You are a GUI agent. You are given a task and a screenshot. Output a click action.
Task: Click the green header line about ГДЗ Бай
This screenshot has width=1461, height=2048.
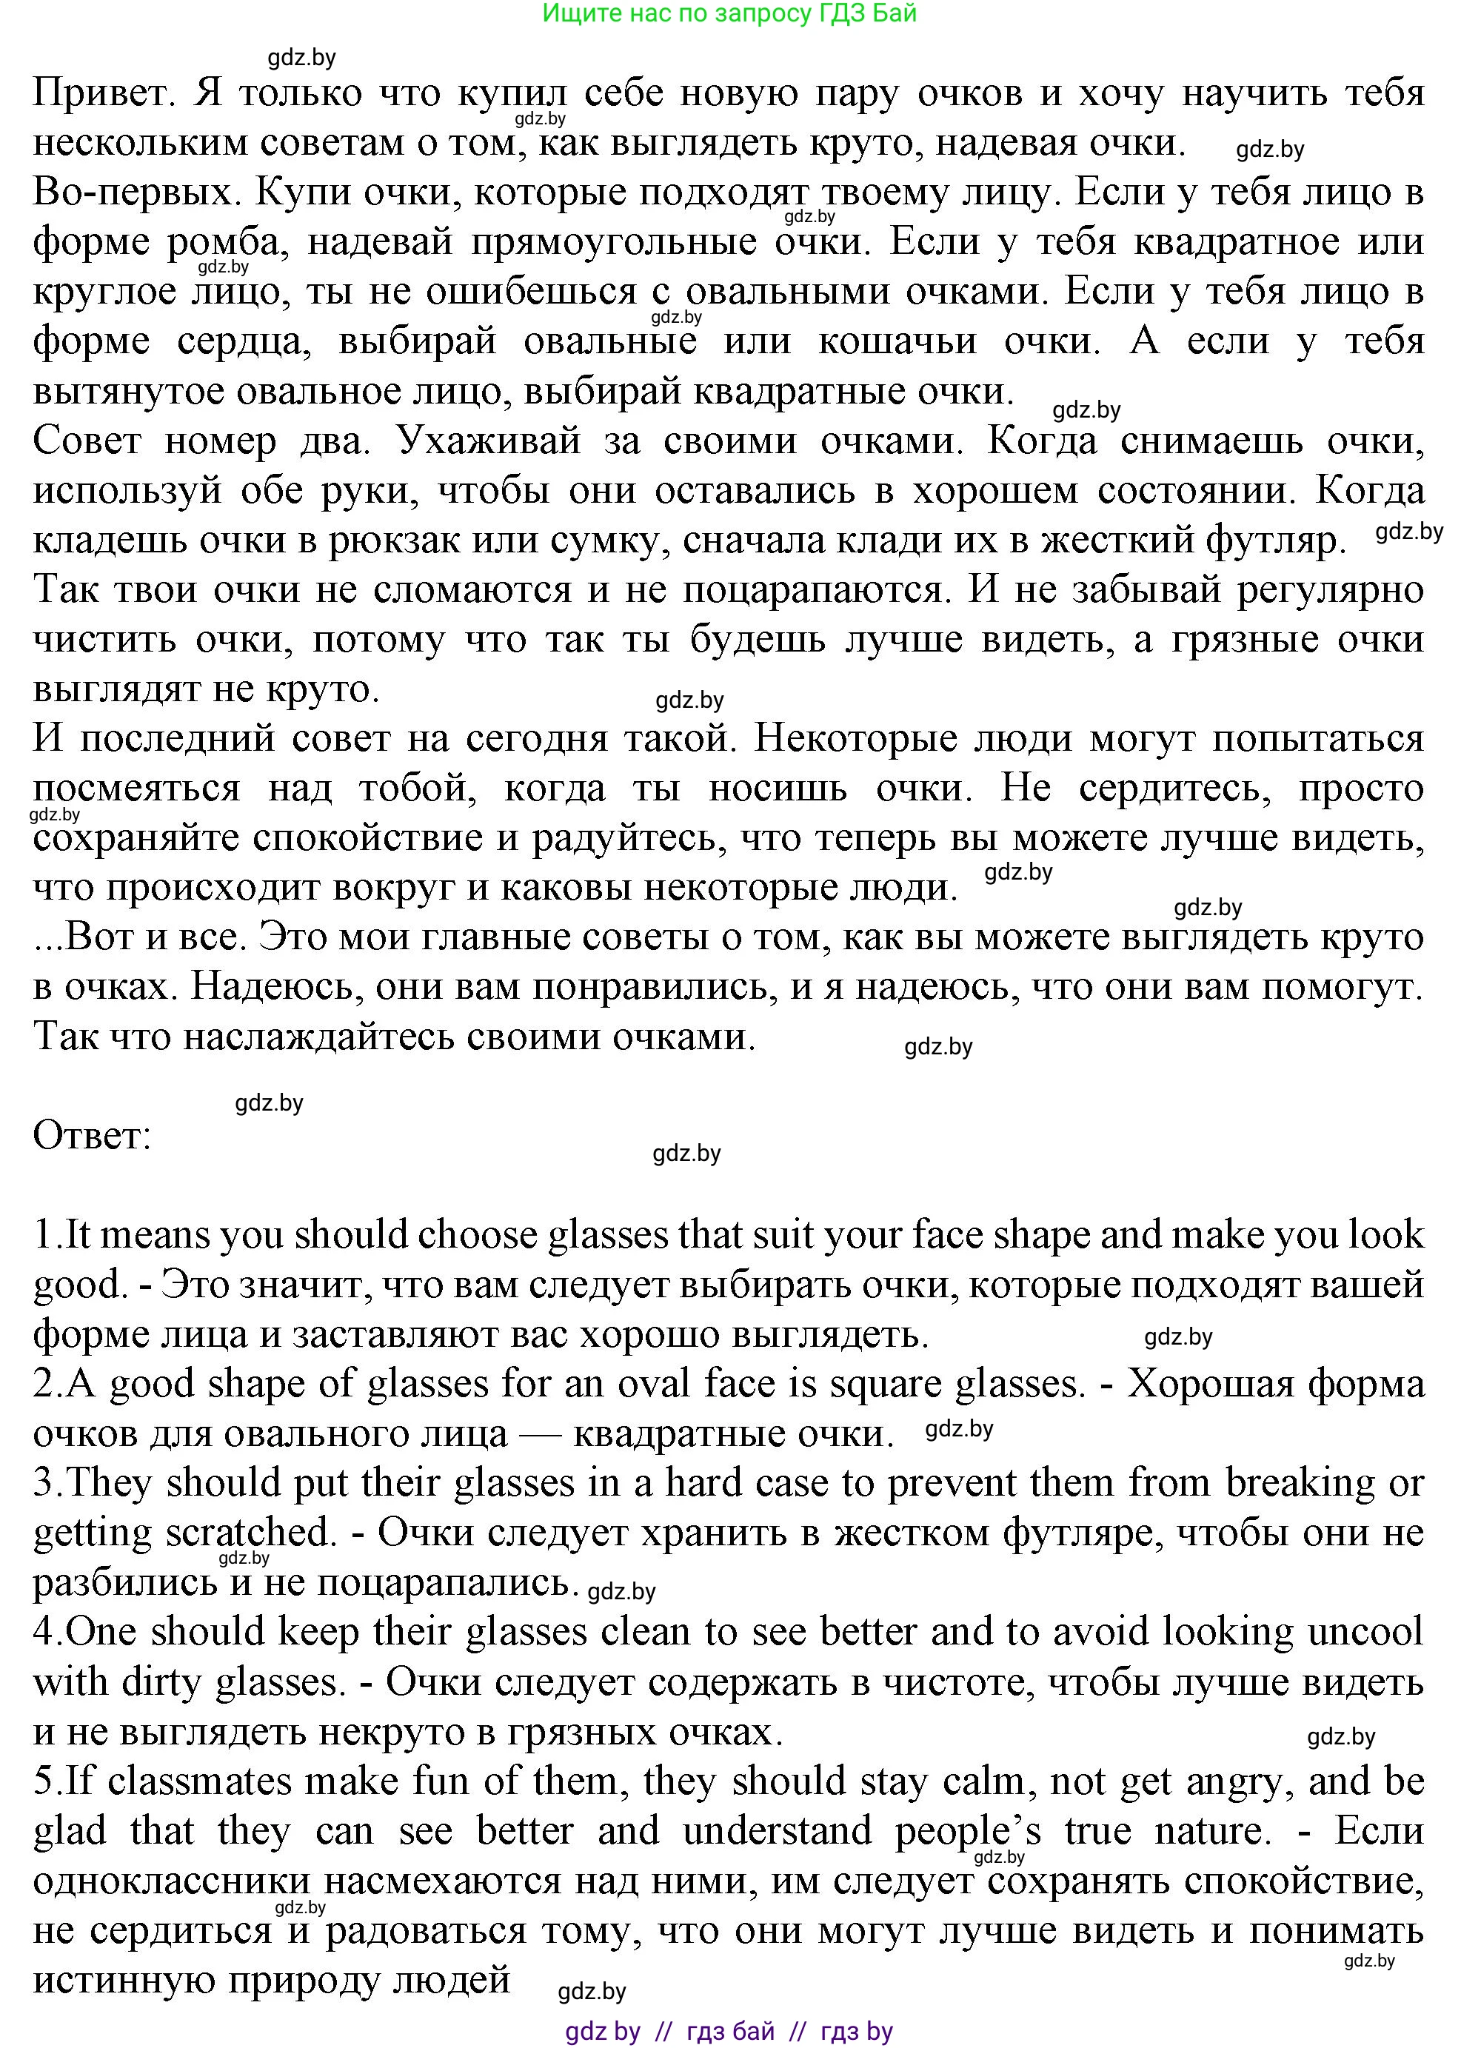(729, 13)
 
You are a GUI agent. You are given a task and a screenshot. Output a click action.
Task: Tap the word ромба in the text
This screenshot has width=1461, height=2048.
(229, 243)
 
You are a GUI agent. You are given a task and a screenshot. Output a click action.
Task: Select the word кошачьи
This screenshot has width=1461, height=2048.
(897, 342)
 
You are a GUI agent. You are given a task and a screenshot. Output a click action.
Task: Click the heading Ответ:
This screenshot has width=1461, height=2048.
(92, 1136)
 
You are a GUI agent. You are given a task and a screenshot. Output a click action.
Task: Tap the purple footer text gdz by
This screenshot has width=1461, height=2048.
(602, 2031)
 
